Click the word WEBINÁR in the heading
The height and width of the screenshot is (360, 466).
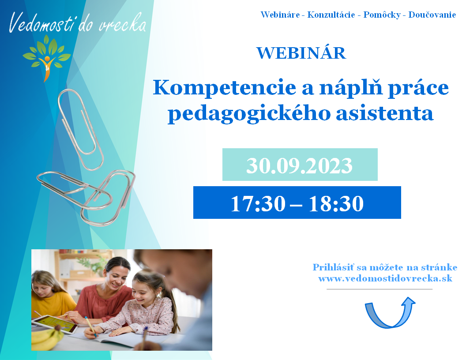point(301,53)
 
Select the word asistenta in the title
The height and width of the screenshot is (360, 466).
point(384,113)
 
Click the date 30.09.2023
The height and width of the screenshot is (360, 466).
point(299,165)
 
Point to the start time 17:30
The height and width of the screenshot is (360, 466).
point(258,203)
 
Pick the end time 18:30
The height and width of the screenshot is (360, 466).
point(336,203)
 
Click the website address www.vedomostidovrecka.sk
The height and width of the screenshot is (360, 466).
point(385,279)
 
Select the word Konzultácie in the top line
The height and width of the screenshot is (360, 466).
point(331,15)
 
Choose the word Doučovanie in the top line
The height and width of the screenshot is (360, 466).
point(432,15)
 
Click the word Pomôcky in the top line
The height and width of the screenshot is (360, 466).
point(382,15)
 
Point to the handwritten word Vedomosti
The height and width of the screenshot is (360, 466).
point(41,22)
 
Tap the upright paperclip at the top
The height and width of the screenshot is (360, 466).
point(80,130)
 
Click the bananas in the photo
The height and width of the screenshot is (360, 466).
point(47,337)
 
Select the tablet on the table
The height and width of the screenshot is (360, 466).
point(56,324)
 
